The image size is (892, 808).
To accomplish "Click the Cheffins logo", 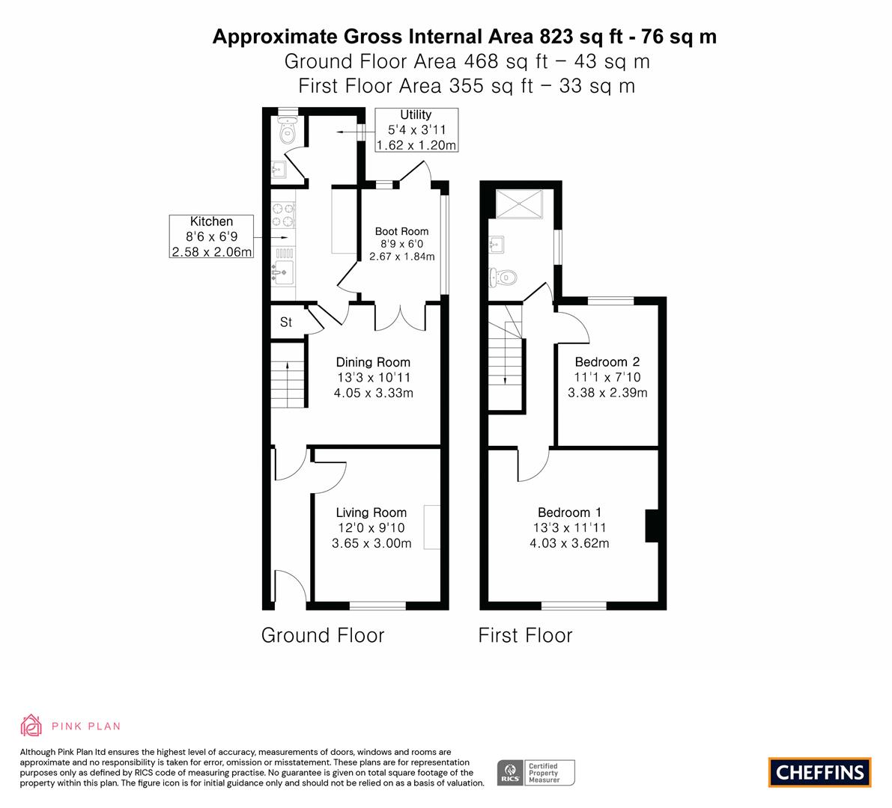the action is point(819,772).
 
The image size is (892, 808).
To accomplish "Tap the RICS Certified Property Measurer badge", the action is point(536,773).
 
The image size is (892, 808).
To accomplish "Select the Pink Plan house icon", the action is point(31,726).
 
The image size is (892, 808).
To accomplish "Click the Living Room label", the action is point(371,512).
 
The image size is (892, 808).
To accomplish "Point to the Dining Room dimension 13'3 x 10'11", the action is point(373,377).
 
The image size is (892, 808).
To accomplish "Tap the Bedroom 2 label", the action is point(607,362).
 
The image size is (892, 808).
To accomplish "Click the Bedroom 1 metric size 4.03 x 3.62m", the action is point(569,543).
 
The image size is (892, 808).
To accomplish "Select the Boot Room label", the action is point(401,231).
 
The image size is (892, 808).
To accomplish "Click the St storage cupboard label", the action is point(285,322).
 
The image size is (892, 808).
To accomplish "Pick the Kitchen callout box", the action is point(212,236).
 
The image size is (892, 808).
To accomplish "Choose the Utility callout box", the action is point(416,129).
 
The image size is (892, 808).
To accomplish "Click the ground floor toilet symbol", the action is point(288,131).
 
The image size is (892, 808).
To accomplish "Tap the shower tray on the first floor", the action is point(519,204).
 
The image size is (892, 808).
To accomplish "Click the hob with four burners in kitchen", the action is point(283,215).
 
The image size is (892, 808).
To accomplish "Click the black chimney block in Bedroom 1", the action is point(652,526).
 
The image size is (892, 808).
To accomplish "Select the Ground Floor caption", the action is point(323,635).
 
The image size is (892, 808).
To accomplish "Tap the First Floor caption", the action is point(525,635).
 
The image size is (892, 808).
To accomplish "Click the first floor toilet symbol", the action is point(503,278).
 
